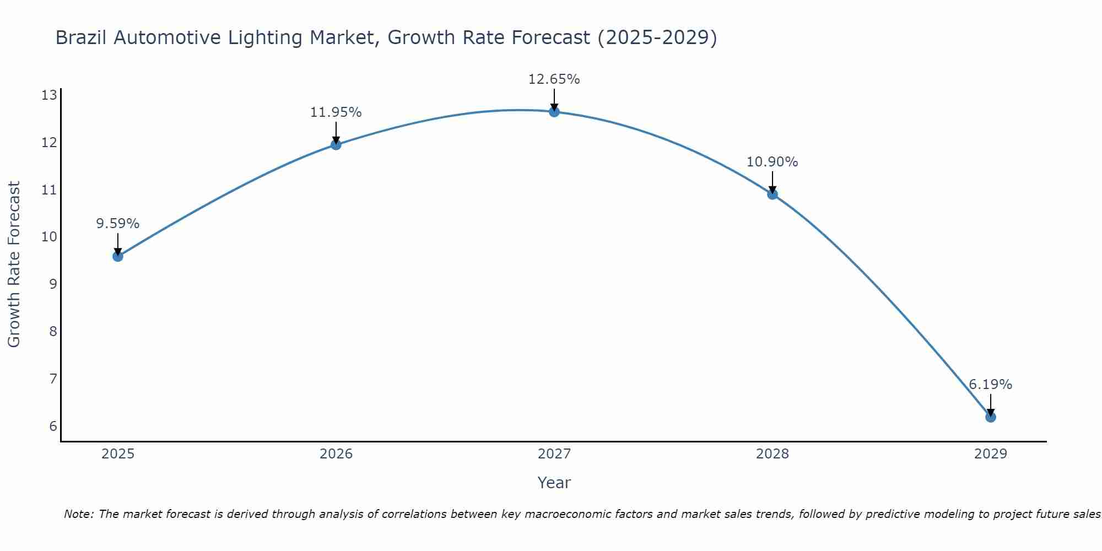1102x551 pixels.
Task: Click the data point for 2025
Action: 118,256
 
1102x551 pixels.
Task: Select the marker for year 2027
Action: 554,112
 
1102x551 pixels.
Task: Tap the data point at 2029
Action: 991,417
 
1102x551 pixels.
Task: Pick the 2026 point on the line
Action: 336,145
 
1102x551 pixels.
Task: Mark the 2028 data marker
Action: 773,194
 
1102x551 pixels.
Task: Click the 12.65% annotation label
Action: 554,79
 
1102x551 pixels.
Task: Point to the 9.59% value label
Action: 117,224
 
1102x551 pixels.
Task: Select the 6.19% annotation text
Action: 990,385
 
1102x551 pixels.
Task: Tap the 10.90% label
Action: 772,162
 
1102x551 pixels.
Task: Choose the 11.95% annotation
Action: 336,112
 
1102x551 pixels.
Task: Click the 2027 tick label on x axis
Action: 554,454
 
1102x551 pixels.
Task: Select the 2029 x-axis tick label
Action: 991,454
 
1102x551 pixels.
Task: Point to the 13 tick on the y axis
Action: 49,95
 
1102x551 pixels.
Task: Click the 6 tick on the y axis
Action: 53,426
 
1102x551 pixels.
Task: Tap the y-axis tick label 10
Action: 49,237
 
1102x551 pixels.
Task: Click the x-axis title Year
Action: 554,483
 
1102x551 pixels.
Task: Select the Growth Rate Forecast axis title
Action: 14,264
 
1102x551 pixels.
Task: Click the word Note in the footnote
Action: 79,514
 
